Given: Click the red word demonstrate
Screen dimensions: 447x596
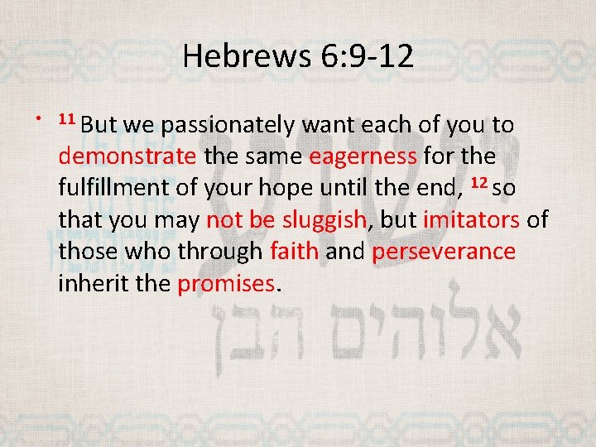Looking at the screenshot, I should [127, 156].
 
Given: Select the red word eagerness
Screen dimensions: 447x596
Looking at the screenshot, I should [363, 156].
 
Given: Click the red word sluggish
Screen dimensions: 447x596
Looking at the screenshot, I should [322, 219].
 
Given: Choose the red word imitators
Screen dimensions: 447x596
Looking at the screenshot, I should [471, 219].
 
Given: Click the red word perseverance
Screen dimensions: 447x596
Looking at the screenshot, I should [444, 251].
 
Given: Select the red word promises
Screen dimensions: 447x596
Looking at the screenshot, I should [225, 283].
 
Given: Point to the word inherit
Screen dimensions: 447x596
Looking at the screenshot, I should [92, 283].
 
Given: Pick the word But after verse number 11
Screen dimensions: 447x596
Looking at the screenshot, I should [99, 125].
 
